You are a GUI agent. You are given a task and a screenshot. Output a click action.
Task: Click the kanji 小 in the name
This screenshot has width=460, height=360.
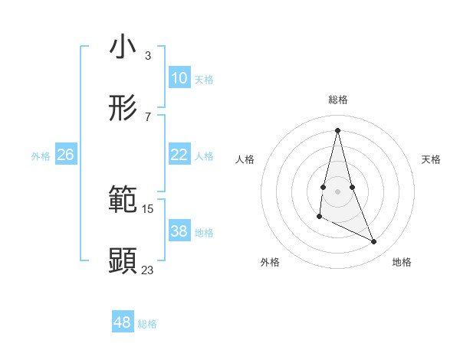(123, 47)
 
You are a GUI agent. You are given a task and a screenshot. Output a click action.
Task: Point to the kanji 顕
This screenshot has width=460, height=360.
(123, 260)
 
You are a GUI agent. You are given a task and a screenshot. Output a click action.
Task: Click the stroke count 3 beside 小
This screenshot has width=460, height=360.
(147, 56)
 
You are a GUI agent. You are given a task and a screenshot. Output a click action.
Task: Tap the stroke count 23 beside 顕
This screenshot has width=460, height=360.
(147, 270)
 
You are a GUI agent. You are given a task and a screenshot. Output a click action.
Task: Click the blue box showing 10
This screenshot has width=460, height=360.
(179, 78)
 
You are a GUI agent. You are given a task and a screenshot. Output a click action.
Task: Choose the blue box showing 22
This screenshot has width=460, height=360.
(179, 155)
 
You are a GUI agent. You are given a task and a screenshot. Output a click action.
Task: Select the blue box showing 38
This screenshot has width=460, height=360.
(179, 231)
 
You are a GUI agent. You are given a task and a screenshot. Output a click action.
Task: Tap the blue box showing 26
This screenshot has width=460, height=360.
(65, 155)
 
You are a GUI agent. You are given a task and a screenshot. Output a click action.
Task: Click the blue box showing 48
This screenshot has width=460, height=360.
(123, 322)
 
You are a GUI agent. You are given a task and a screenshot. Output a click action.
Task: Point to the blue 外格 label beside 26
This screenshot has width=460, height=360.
(41, 156)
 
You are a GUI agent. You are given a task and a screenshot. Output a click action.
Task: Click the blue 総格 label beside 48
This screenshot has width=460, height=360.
(147, 324)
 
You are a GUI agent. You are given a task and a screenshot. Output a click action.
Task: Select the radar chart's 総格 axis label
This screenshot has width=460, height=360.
(338, 100)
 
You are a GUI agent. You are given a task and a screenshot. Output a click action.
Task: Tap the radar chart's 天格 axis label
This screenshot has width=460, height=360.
(431, 159)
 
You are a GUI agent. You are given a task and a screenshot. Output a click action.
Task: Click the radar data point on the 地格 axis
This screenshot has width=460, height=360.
(374, 242)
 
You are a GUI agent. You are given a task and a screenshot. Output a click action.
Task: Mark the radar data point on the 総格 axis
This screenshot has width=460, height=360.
(338, 130)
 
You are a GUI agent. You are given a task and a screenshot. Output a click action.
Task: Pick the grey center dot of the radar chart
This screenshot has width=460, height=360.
(338, 191)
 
